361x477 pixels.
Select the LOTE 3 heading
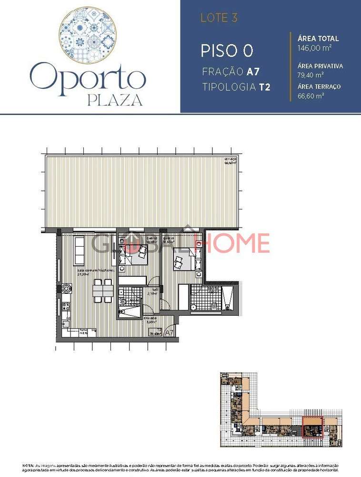[x=219, y=19]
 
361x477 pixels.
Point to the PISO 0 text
[x=226, y=51]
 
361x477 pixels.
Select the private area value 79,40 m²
[x=310, y=75]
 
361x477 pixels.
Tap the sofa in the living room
[x=79, y=247]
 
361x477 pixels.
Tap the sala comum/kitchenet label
[x=95, y=270]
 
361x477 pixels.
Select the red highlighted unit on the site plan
[x=313, y=426]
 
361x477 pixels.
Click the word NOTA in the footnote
[x=28, y=465]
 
